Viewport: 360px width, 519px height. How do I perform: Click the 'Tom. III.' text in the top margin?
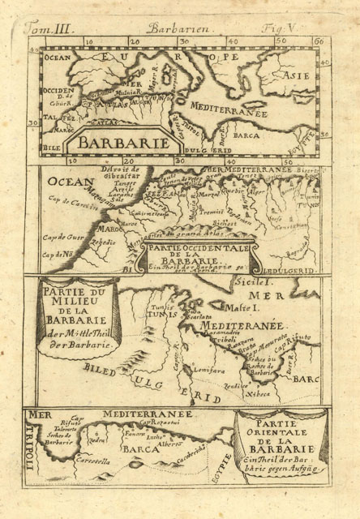point(50,30)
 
